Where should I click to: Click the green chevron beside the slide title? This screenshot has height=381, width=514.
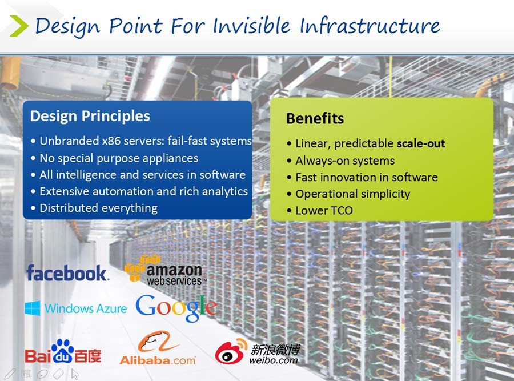[19, 26]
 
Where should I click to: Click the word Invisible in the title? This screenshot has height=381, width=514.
[251, 25]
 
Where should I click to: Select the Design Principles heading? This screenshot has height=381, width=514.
[90, 116]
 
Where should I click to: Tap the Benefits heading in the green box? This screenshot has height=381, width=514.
[315, 118]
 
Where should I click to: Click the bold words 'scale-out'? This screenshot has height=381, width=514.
[421, 143]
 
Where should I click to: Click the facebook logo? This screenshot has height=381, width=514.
[67, 273]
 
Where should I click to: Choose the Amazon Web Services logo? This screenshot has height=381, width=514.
[165, 270]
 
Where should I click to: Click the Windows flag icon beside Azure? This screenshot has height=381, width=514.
[33, 308]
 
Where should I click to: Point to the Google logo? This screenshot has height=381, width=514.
[176, 307]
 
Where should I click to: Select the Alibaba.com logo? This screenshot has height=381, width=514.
[158, 348]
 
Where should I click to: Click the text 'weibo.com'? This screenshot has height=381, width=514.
[274, 360]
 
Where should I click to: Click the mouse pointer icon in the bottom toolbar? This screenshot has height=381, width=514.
[75, 374]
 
